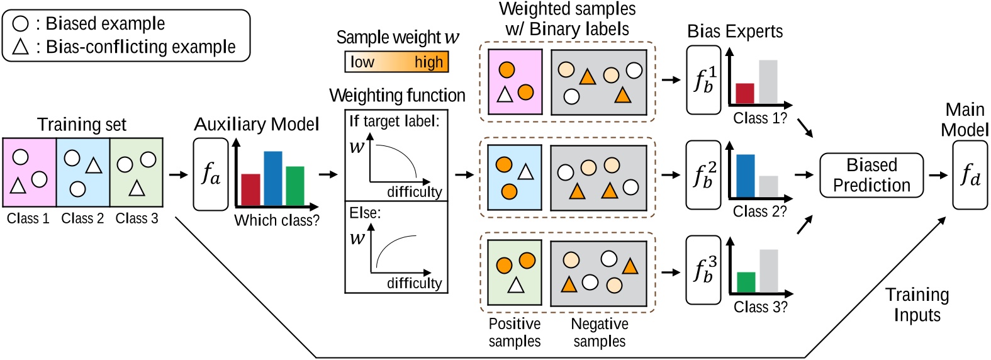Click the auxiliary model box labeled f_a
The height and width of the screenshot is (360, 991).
pos(210,174)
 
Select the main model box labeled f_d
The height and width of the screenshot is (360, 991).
pos(970,175)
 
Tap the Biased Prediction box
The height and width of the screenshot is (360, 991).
pos(871,175)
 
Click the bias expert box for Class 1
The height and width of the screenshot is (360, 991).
pos(703,80)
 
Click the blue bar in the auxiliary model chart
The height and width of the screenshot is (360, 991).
pos(272,178)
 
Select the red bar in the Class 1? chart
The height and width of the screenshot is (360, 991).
pos(745,93)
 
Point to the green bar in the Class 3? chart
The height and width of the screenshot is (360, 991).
pos(746,282)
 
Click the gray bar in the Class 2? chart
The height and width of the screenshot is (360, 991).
pos(768,186)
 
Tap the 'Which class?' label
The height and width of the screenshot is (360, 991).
pos(277,220)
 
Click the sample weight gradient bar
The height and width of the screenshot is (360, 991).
pos(396,62)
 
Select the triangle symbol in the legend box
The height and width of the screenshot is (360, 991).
pos(20,47)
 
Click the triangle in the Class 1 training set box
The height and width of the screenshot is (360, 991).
pos(18,186)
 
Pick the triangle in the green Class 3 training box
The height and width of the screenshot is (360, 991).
pos(137,188)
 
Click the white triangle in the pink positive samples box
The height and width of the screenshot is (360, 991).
pos(505,95)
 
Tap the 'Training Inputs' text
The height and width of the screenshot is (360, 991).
pos(917,305)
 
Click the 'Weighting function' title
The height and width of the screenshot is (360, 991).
pos(397,96)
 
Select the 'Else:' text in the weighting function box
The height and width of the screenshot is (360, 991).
pos(365,213)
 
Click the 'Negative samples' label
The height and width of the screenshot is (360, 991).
pos(599,332)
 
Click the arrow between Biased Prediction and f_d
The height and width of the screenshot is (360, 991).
pos(938,175)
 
